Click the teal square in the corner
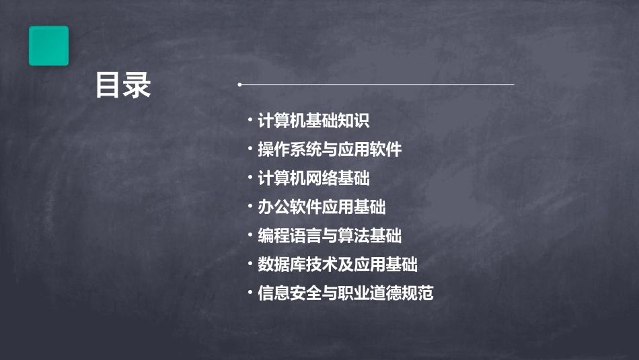pos(48,46)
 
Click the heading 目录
pos(123,85)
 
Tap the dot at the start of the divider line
pos(239,85)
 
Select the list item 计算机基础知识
pos(313,121)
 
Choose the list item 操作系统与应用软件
pos(330,149)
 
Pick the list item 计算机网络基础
pos(313,178)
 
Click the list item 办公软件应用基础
pos(322,207)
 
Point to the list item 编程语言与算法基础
pos(330,236)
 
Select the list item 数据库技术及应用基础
pos(338,264)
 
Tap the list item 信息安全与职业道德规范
pos(346,293)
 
